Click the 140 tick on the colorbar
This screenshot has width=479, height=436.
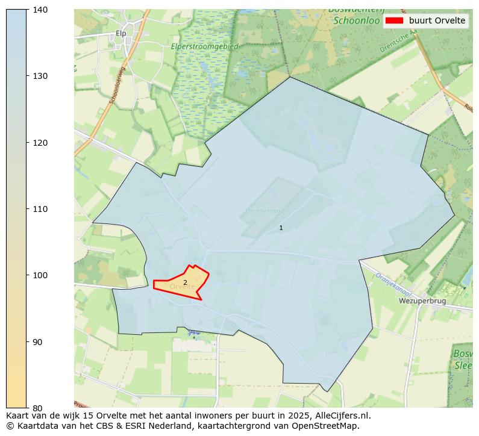(39, 10)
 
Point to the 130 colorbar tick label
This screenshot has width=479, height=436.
(39, 76)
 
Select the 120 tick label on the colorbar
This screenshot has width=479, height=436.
(39, 143)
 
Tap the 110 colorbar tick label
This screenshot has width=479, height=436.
(39, 209)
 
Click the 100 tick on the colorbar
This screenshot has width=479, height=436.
(39, 275)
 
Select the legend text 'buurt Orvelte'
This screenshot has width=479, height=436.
(437, 20)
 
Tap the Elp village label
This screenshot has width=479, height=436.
(121, 34)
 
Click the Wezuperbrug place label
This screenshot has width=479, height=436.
(422, 301)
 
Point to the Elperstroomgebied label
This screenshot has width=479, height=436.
(205, 46)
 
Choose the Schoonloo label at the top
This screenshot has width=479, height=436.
(355, 20)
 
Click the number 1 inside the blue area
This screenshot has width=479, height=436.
(281, 228)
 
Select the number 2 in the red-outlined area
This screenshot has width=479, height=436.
(185, 282)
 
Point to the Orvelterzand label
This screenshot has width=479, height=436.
(265, 211)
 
